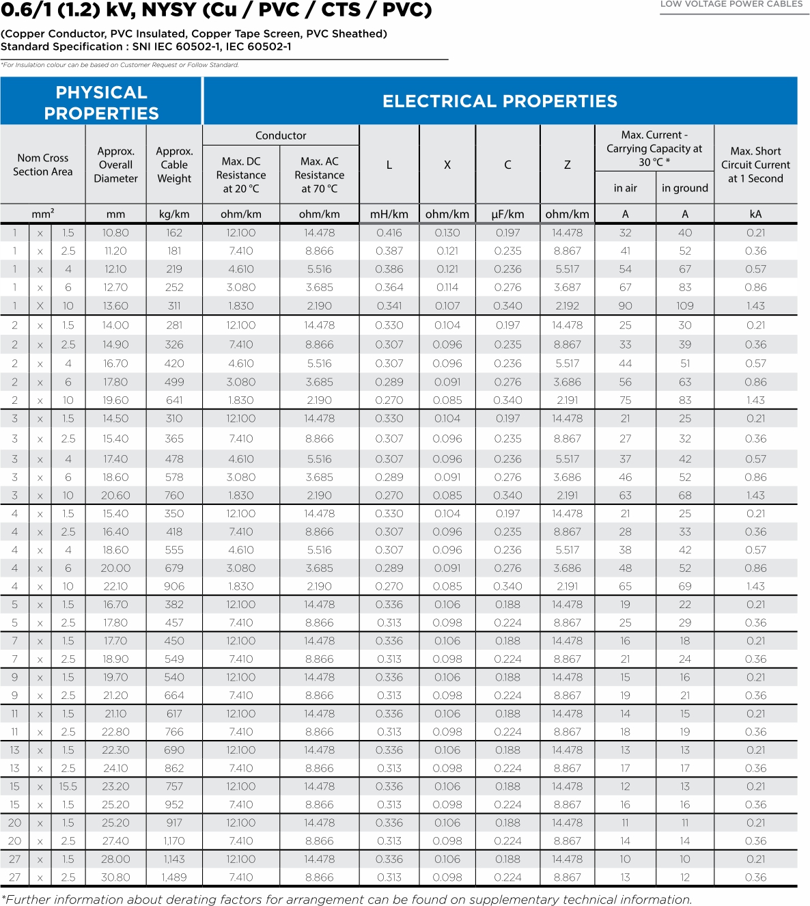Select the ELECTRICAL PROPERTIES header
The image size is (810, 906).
[x=499, y=101]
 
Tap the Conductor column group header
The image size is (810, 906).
[x=281, y=135]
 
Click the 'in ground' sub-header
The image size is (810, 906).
[x=684, y=188]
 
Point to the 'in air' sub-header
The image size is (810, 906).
[x=625, y=188]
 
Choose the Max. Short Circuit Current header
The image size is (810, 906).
[x=755, y=165]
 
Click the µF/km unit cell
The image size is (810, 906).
[x=507, y=214]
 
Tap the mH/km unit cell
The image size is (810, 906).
[x=389, y=214]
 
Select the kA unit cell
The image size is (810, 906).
[x=755, y=214]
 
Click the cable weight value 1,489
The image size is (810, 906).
[x=174, y=877]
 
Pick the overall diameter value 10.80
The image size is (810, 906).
[x=115, y=233]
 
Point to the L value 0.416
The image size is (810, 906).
[x=389, y=233]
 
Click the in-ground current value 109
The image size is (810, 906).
[x=685, y=306]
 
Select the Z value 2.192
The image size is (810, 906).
[x=567, y=306]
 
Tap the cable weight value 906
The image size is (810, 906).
[x=174, y=586]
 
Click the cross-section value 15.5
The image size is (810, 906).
[x=68, y=786]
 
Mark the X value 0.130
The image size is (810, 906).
[x=447, y=233]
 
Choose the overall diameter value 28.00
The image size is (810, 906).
[x=115, y=859]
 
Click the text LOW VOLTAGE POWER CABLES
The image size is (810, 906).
[x=731, y=4]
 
